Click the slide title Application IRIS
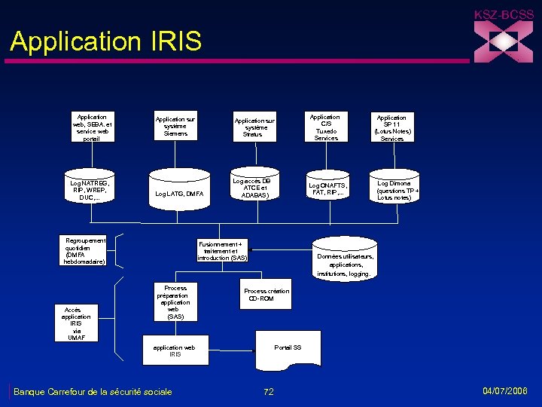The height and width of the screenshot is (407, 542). pos(106,41)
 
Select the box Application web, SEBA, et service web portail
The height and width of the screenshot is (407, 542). pos(92,127)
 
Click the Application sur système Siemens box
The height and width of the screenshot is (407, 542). pos(175,127)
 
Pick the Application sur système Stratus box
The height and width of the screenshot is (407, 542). pos(254,127)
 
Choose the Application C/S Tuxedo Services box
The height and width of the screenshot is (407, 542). pos(326,127)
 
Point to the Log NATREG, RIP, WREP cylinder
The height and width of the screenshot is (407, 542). pos(90,190)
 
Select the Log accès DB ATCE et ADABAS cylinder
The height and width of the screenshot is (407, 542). pos(251,188)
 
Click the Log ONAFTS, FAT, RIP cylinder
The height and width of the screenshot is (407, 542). pos(327,188)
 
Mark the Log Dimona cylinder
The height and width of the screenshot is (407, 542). pos(394,190)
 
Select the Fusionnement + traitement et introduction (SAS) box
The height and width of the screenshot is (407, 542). pos(222,251)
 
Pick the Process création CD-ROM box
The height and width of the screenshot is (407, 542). pos(266,295)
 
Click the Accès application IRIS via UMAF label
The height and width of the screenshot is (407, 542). pos(76,323)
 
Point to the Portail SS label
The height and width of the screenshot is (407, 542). pos(288,347)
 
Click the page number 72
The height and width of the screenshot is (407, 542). pos(269,392)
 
